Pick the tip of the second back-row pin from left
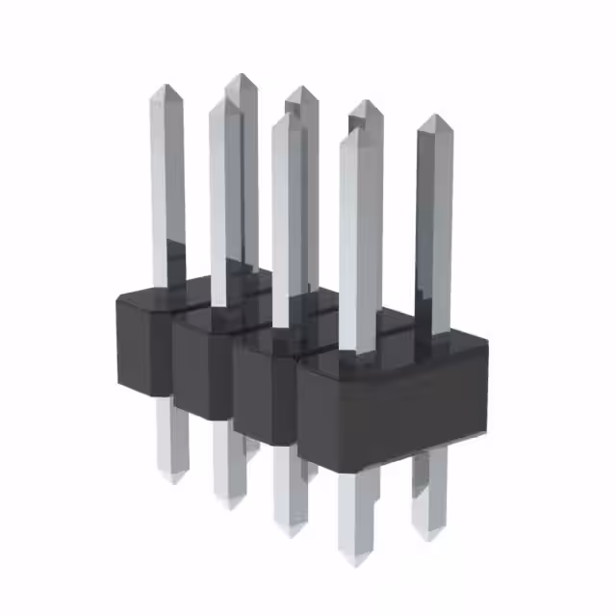(300, 89)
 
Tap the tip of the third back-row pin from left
(365, 102)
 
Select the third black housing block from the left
(265, 395)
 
